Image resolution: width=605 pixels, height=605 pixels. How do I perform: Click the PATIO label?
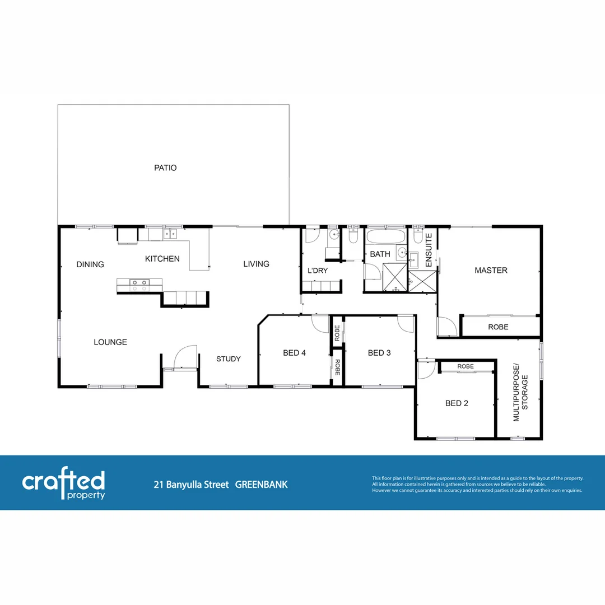tap(165, 167)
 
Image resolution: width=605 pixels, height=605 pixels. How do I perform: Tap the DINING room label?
tap(90, 264)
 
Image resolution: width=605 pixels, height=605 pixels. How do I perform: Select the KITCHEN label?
tap(162, 259)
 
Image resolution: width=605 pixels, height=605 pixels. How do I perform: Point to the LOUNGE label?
tap(110, 342)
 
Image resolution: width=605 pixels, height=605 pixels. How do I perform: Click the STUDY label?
tap(228, 359)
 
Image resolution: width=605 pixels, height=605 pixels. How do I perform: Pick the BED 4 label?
tap(294, 353)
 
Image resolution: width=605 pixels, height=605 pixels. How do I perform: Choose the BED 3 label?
tap(379, 353)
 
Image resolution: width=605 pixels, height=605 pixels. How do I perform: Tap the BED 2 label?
tap(457, 403)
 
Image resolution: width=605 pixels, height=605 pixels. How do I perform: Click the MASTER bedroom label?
tap(491, 271)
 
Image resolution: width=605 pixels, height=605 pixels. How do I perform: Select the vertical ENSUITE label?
tap(429, 249)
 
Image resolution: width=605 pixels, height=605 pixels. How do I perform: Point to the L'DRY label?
tap(318, 271)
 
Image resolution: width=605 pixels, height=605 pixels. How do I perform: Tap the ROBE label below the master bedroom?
tap(498, 327)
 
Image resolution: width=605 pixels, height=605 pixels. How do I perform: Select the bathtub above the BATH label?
tap(385, 235)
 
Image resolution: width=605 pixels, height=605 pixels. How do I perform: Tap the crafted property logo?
tap(63, 484)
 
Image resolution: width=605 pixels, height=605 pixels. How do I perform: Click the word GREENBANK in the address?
tap(261, 485)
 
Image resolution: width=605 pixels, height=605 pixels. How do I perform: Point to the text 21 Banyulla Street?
tap(192, 485)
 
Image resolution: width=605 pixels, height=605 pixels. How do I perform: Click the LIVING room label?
tap(256, 264)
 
